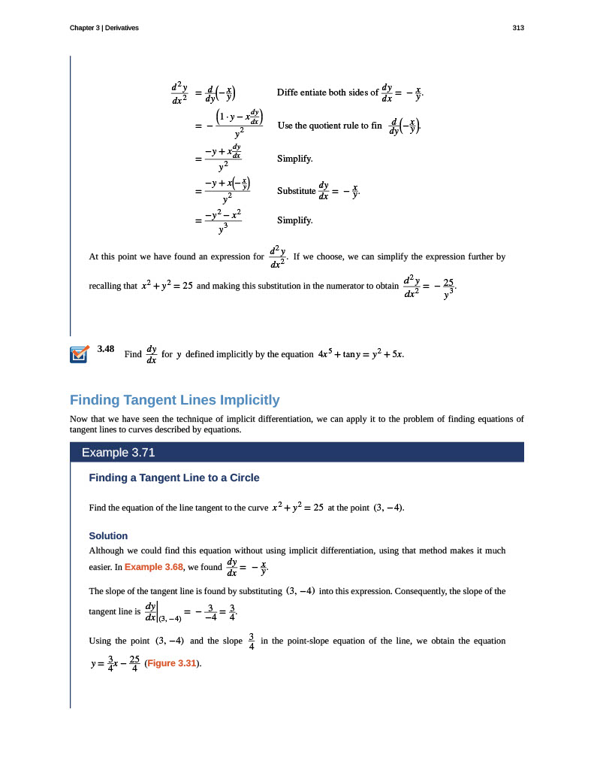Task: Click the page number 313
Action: point(517,28)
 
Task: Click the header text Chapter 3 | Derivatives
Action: point(104,28)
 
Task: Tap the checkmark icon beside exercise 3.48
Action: point(77,354)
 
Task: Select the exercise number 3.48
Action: point(105,349)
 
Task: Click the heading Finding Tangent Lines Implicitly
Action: point(174,400)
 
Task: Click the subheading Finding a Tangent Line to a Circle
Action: point(174,477)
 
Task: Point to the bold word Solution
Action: point(108,536)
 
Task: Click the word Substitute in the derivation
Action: point(296,191)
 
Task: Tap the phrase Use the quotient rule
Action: point(323,126)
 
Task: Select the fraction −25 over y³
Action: point(448,288)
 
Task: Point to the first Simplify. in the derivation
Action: point(294,159)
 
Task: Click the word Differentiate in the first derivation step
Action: point(302,93)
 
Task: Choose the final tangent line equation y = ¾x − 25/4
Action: point(114,664)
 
